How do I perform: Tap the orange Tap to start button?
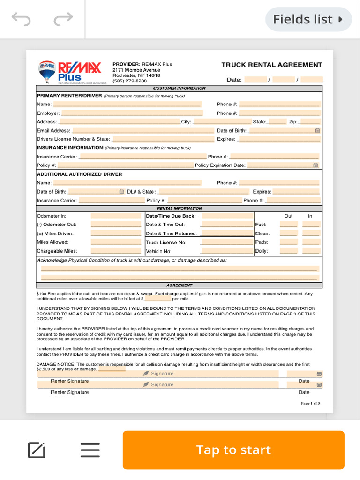click(x=233, y=450)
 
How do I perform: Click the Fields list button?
click(x=308, y=19)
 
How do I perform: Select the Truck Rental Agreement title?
click(x=271, y=65)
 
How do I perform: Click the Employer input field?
click(x=132, y=113)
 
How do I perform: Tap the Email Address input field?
click(x=143, y=130)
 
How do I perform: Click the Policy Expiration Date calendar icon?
click(x=315, y=165)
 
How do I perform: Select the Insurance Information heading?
click(x=70, y=148)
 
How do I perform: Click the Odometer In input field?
click(x=116, y=216)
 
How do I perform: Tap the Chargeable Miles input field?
click(x=116, y=251)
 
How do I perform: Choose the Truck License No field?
click(x=226, y=242)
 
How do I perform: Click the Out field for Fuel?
click(x=289, y=225)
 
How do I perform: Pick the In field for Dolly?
click(x=311, y=251)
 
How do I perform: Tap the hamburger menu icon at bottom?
click(x=90, y=450)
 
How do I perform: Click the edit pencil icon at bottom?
click(x=37, y=450)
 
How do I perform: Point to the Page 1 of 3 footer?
click(x=310, y=404)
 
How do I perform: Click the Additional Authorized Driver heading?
click(x=79, y=174)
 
